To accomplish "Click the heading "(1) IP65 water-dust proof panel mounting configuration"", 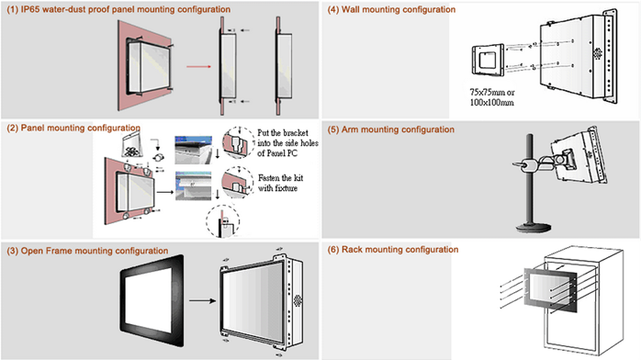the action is (x=118, y=9).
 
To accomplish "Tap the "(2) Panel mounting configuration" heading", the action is (x=73, y=128).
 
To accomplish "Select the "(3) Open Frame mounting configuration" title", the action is (x=87, y=251).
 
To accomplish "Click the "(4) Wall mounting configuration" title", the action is (x=391, y=9).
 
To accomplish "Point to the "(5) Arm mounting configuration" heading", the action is (x=391, y=129).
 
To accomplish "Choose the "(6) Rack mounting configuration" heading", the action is (x=393, y=249).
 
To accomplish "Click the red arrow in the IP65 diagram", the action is (x=198, y=67).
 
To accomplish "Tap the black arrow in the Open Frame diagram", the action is (x=202, y=300).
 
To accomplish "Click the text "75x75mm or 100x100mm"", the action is (x=492, y=97).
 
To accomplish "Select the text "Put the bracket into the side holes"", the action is (x=287, y=138).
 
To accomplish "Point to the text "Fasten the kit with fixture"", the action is (x=280, y=183).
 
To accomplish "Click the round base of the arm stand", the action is (x=533, y=227).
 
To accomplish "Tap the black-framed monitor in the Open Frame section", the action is (x=152, y=300).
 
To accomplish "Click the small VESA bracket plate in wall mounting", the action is (x=488, y=60).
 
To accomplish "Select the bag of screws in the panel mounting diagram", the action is (x=131, y=146).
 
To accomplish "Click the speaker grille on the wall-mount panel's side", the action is (x=598, y=53).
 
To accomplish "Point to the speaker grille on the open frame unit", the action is (x=298, y=300).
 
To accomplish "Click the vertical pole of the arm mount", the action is (x=530, y=179).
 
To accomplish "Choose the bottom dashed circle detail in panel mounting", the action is (x=223, y=221).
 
